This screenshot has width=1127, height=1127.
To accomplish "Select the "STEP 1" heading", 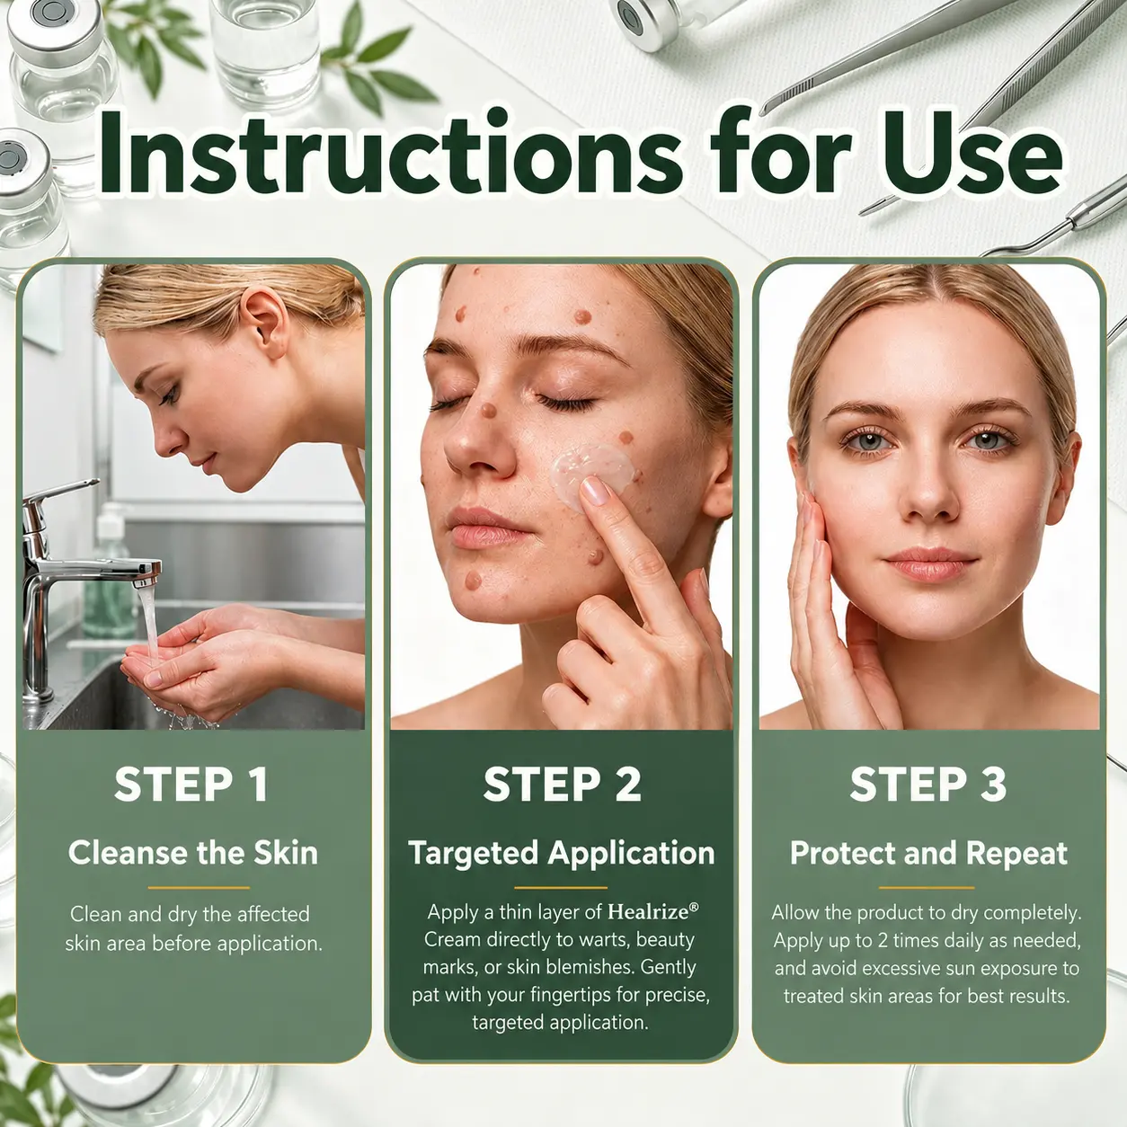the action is point(191,785).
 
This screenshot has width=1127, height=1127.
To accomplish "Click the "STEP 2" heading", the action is point(562,785).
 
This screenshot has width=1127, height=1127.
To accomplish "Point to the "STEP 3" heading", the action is point(928,785).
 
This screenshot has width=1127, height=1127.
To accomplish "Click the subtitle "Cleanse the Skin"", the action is point(193,852).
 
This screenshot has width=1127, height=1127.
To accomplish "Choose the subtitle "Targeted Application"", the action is point(562,853).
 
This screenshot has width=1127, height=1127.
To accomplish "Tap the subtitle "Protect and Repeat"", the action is point(928,853).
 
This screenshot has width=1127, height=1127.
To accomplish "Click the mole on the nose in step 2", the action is point(488,410).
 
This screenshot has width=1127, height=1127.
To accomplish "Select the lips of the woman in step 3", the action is point(931,563).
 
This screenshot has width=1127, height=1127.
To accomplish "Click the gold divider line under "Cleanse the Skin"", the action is point(199,887).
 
